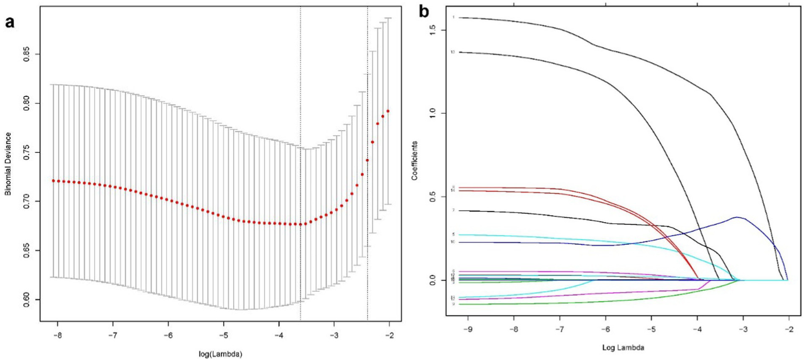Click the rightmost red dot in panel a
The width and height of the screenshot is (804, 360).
tap(388, 111)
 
